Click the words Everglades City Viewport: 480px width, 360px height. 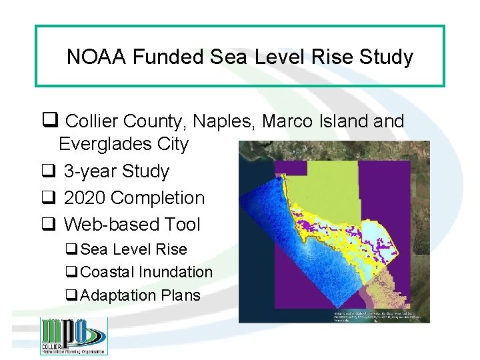point(123,144)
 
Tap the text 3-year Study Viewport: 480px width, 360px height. point(116,171)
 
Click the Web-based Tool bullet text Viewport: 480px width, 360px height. point(131,225)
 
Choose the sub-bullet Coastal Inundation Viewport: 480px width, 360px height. point(146,272)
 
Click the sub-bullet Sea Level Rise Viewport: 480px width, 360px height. point(133,249)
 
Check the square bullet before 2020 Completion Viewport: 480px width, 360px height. point(49,198)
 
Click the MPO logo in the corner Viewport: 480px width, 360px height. point(73,336)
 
